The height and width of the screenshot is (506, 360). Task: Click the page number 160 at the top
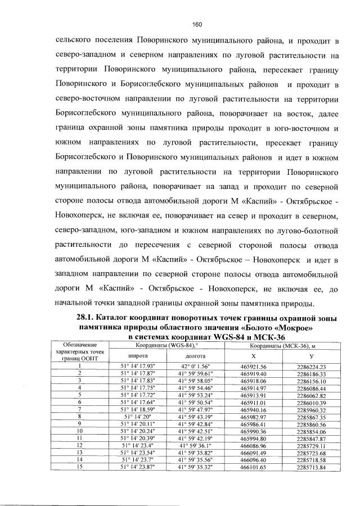pyautogui.click(x=196, y=24)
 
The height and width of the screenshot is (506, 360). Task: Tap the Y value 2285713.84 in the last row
pyautogui.click(x=312, y=467)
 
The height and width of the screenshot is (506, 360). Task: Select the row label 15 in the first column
pyautogui.click(x=80, y=467)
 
